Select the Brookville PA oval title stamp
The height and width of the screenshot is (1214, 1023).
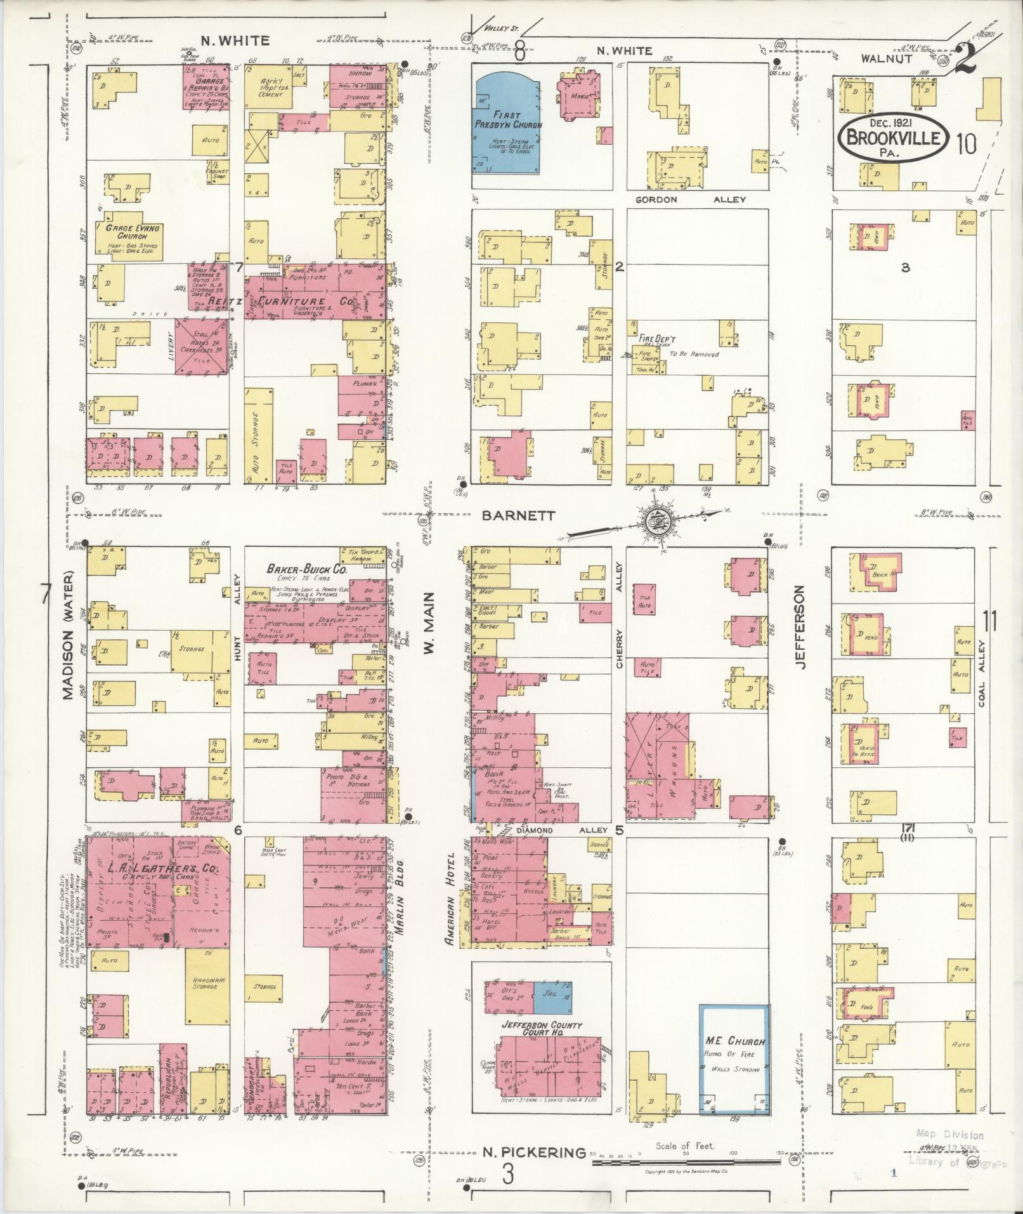pos(894,135)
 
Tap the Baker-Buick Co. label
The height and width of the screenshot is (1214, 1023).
pos(306,570)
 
